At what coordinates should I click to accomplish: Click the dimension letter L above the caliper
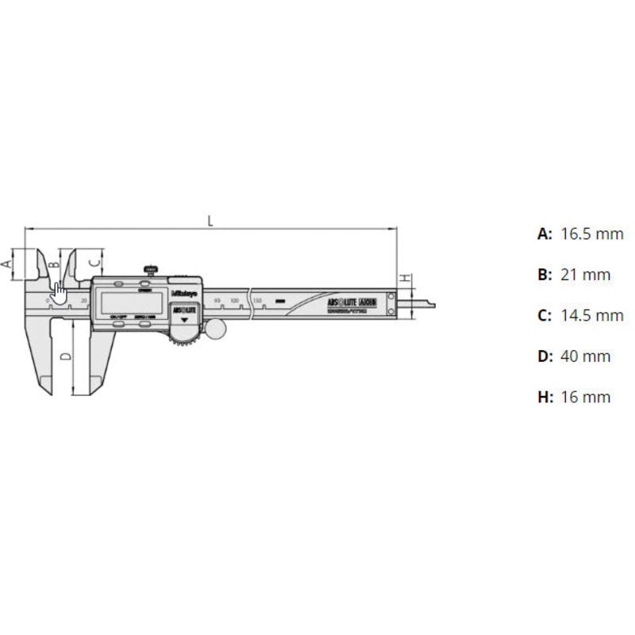210,221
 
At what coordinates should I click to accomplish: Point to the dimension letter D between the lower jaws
66,356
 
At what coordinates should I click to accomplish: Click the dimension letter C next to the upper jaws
93,260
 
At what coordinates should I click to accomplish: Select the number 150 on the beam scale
257,299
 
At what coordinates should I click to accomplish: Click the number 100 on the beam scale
236,299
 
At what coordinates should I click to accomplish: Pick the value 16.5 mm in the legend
591,234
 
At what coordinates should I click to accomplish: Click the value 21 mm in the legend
585,275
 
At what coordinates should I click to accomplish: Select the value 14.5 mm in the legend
591,315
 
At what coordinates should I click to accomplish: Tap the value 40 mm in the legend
585,356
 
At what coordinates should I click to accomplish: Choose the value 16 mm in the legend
585,397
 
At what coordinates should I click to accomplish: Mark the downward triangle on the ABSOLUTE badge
186,319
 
